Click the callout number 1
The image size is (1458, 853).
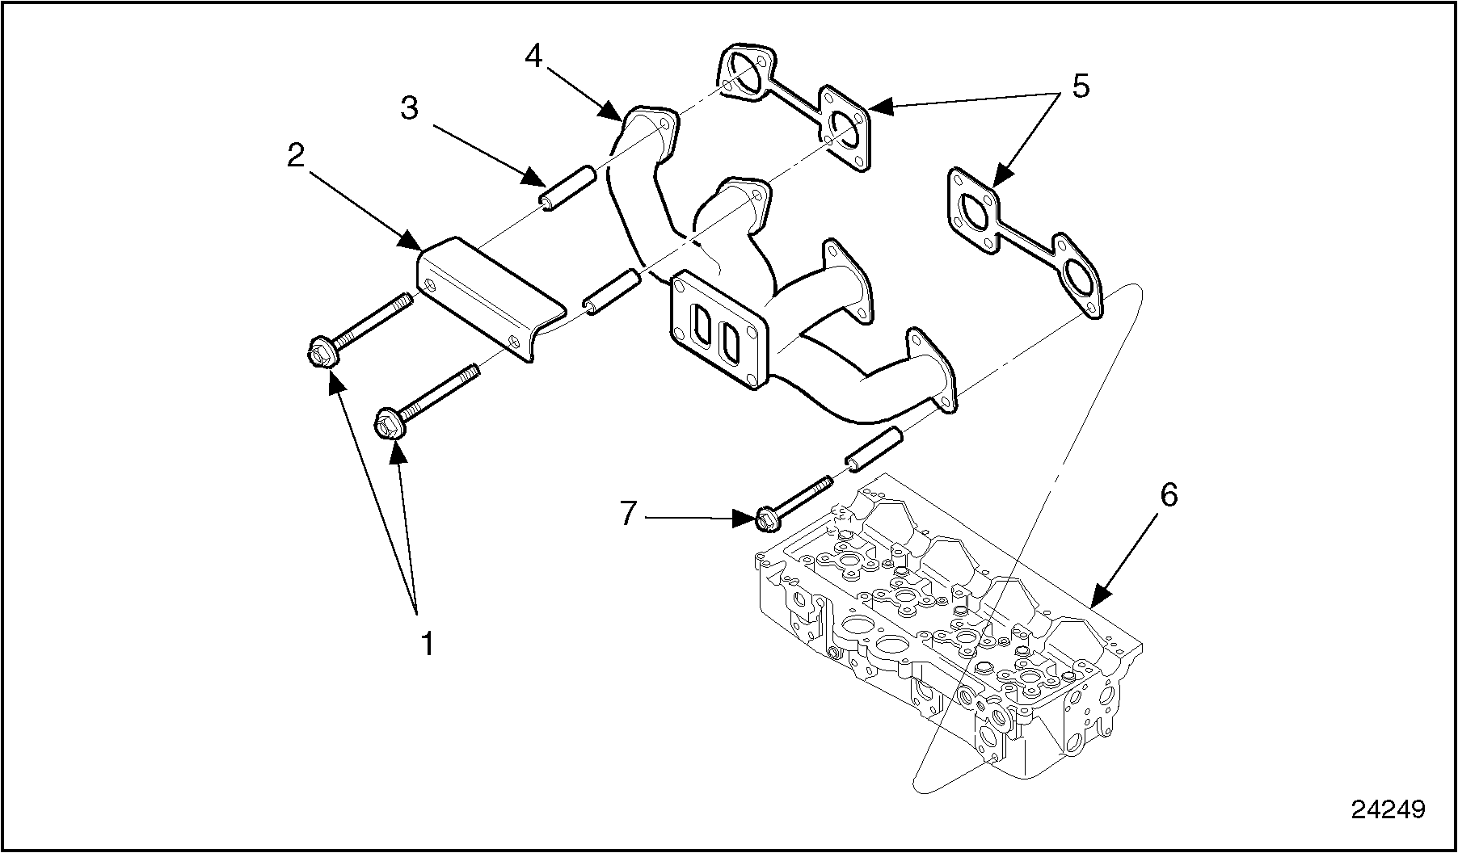428,644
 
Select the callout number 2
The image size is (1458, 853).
296,155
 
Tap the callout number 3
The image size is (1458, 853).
410,107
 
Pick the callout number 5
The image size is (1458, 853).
1081,86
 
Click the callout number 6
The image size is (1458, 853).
1168,495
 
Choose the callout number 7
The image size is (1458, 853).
630,513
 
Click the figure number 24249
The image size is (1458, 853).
1388,809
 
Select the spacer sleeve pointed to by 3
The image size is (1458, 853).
568,187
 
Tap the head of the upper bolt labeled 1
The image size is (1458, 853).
322,354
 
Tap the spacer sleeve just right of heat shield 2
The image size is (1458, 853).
611,292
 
